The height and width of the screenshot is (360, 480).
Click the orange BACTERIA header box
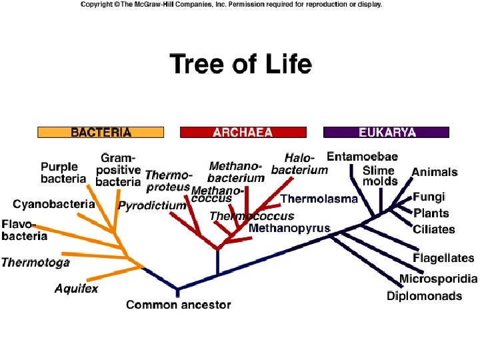click(x=101, y=132)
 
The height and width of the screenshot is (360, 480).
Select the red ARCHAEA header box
click(x=243, y=132)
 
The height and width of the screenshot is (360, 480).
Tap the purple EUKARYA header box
click(x=386, y=132)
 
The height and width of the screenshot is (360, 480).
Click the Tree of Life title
click(x=241, y=65)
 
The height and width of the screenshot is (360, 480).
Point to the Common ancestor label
click(x=178, y=305)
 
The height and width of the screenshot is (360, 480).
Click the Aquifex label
click(x=76, y=289)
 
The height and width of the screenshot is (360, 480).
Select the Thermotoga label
click(x=35, y=262)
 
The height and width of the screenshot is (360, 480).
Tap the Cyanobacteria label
click(x=54, y=203)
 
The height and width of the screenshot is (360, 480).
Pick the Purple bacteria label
click(x=63, y=173)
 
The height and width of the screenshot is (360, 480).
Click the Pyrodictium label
click(x=152, y=206)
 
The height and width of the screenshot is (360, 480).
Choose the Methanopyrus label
click(x=289, y=228)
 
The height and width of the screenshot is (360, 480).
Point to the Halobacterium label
click(x=299, y=164)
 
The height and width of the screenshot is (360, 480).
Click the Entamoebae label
click(x=362, y=157)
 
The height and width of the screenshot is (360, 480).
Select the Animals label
click(x=435, y=172)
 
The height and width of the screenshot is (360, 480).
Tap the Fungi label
click(x=429, y=197)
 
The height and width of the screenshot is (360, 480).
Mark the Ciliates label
click(x=434, y=229)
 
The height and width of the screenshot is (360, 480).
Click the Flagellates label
click(x=443, y=258)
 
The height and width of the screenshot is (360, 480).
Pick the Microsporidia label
click(x=438, y=279)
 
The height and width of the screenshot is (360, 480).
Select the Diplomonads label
click(x=424, y=295)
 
